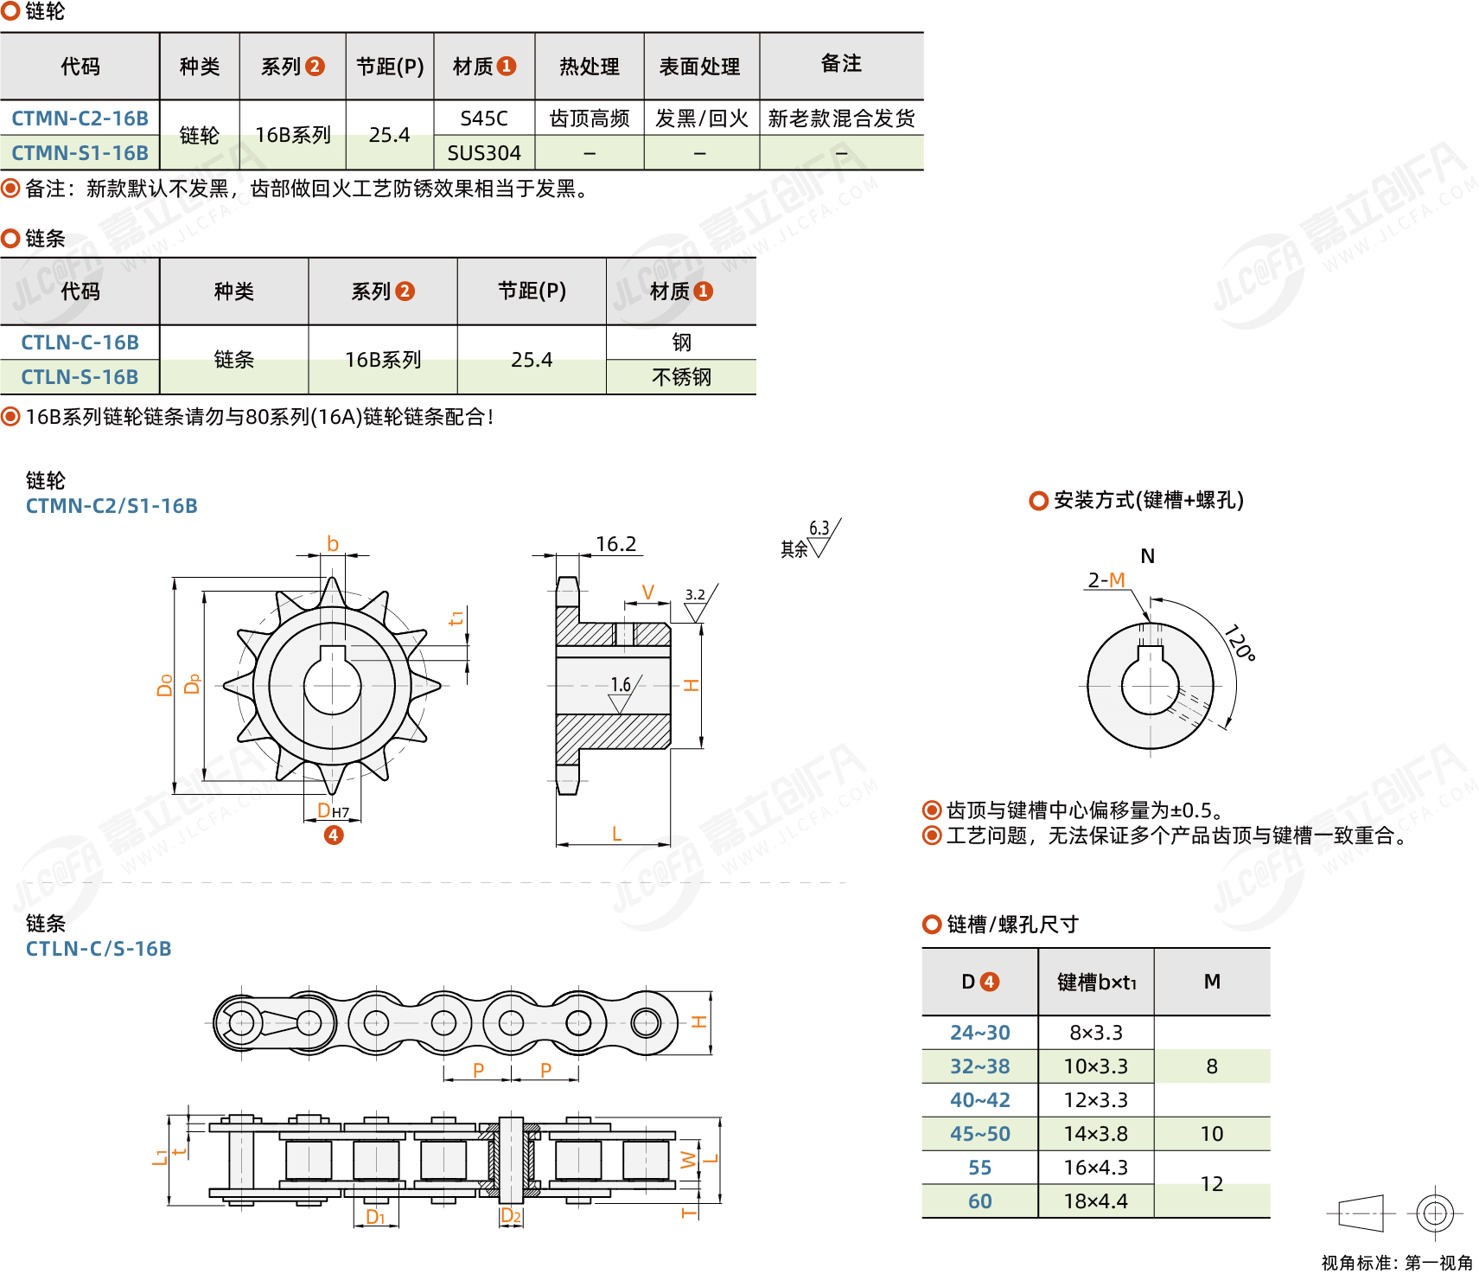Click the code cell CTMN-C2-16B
click(x=80, y=118)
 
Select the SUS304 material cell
click(x=484, y=153)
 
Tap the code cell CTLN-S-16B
click(x=80, y=377)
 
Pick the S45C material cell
click(x=484, y=118)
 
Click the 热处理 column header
click(x=589, y=67)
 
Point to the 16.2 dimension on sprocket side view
click(x=615, y=544)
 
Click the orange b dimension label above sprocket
click(x=333, y=544)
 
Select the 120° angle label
click(x=1240, y=643)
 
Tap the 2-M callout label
click(x=1106, y=580)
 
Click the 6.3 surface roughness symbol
click(x=819, y=529)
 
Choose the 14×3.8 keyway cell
click(x=1095, y=1134)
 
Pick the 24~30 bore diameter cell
click(x=979, y=1033)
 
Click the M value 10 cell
click(x=1212, y=1134)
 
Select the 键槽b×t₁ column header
click(x=1096, y=983)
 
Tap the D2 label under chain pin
click(x=511, y=1216)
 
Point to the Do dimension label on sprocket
click(x=165, y=685)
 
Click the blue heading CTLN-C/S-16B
click(x=99, y=949)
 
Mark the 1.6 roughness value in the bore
click(x=621, y=685)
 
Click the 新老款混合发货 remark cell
click(x=841, y=118)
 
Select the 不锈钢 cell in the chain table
click(x=681, y=377)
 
